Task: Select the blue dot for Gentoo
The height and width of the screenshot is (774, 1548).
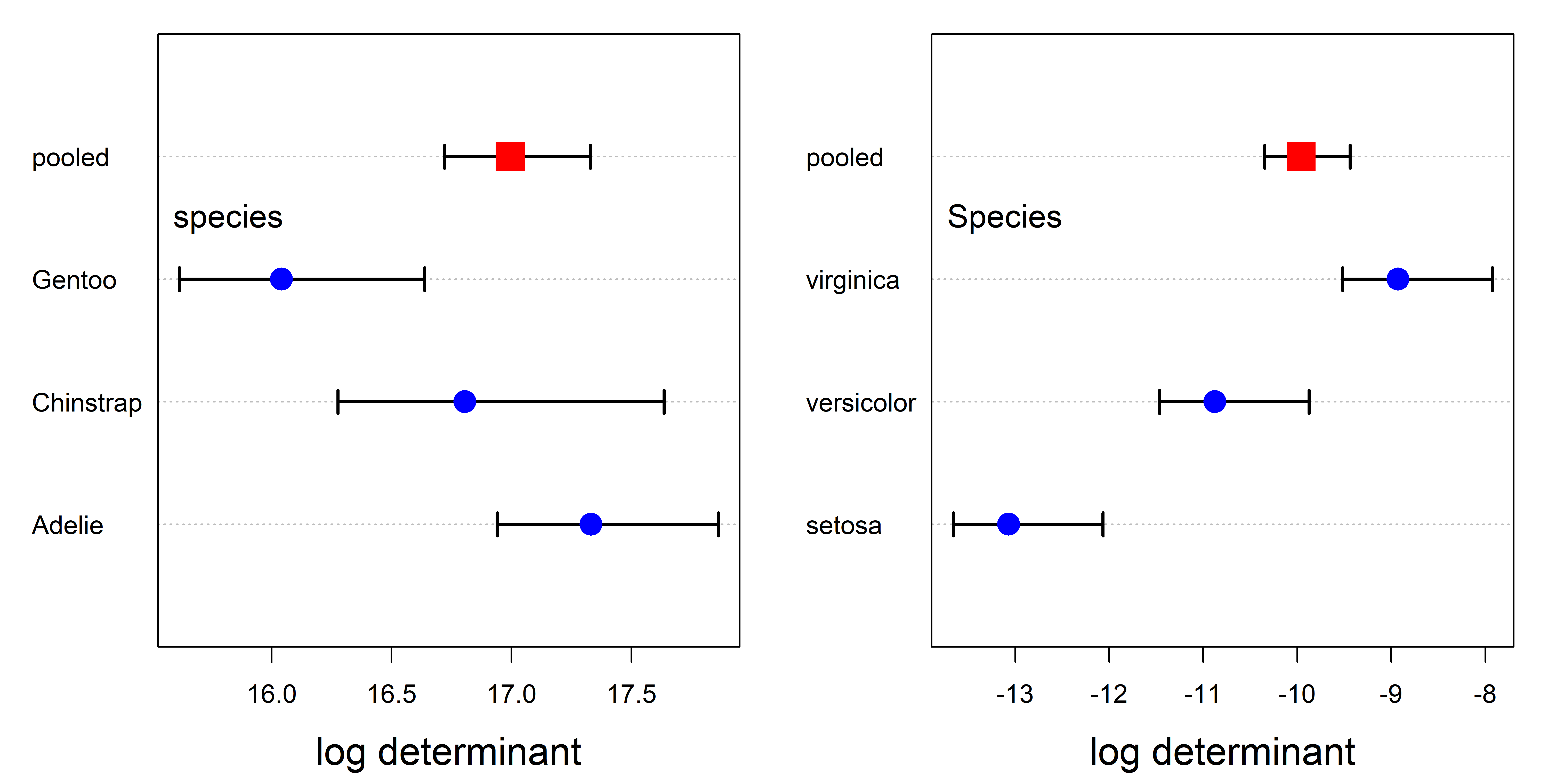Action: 281,279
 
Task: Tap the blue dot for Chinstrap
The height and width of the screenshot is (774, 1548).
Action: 464,401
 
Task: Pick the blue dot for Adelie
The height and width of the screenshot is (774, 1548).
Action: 591,524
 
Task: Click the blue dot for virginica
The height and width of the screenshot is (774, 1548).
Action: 1398,279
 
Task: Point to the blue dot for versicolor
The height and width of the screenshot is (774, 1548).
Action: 1214,401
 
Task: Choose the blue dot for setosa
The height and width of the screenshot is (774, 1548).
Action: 1008,524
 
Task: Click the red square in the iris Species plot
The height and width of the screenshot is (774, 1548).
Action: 1301,157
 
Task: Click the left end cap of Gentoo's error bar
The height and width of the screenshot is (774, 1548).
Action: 179,279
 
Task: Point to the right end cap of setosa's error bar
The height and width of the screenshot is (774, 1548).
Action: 1103,524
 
